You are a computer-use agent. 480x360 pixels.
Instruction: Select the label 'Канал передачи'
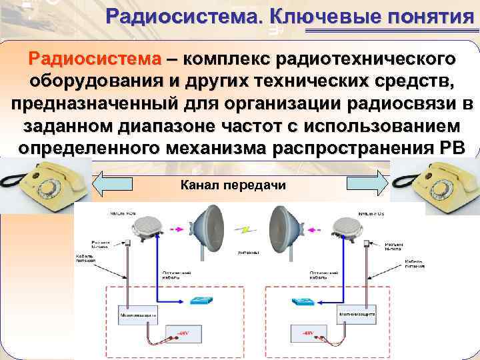pyautogui.click(x=233, y=184)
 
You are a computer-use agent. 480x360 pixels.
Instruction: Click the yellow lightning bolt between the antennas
pyautogui.click(x=247, y=229)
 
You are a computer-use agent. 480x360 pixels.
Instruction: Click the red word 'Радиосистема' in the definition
pyautogui.click(x=94, y=58)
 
